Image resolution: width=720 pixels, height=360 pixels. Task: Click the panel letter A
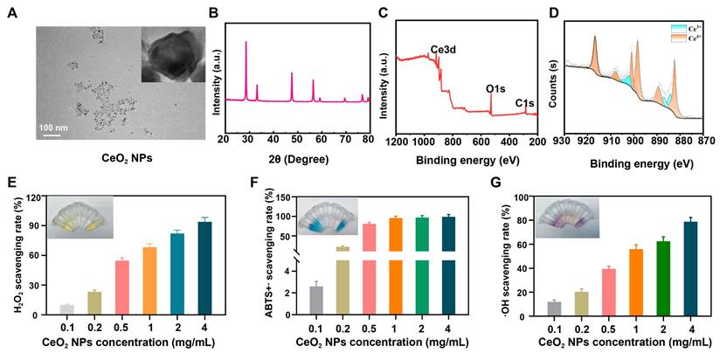click(11, 13)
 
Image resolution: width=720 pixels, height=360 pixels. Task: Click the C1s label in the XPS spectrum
click(525, 104)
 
